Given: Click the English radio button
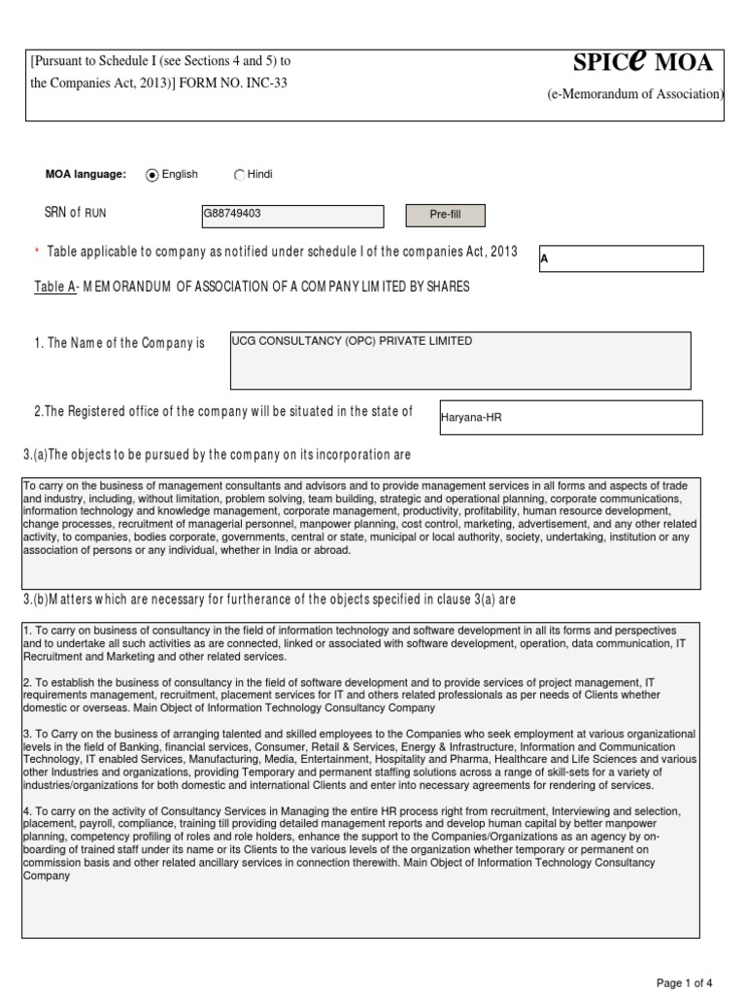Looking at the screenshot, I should (152, 175).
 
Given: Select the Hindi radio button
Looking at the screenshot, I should (239, 175).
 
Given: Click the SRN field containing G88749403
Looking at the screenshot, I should (292, 216).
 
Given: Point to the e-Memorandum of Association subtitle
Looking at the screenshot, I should (635, 94).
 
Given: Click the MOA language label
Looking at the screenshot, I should (85, 175).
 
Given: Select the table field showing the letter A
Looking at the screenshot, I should (620, 258).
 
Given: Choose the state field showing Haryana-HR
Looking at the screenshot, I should (570, 417).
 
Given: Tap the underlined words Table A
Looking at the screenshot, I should (54, 286).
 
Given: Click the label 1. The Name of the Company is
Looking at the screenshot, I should (119, 344).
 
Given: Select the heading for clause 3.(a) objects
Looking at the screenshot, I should (217, 455).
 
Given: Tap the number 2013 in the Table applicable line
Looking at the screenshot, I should (502, 250).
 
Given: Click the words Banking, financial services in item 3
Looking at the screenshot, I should (194, 746).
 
